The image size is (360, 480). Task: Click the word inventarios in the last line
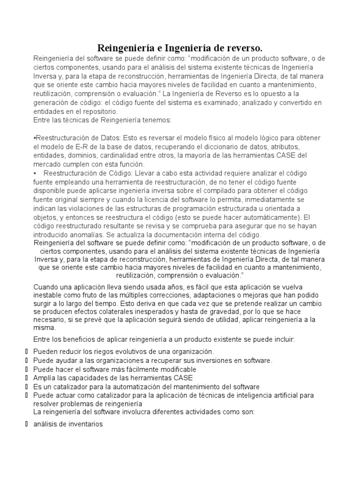tap(83, 424)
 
